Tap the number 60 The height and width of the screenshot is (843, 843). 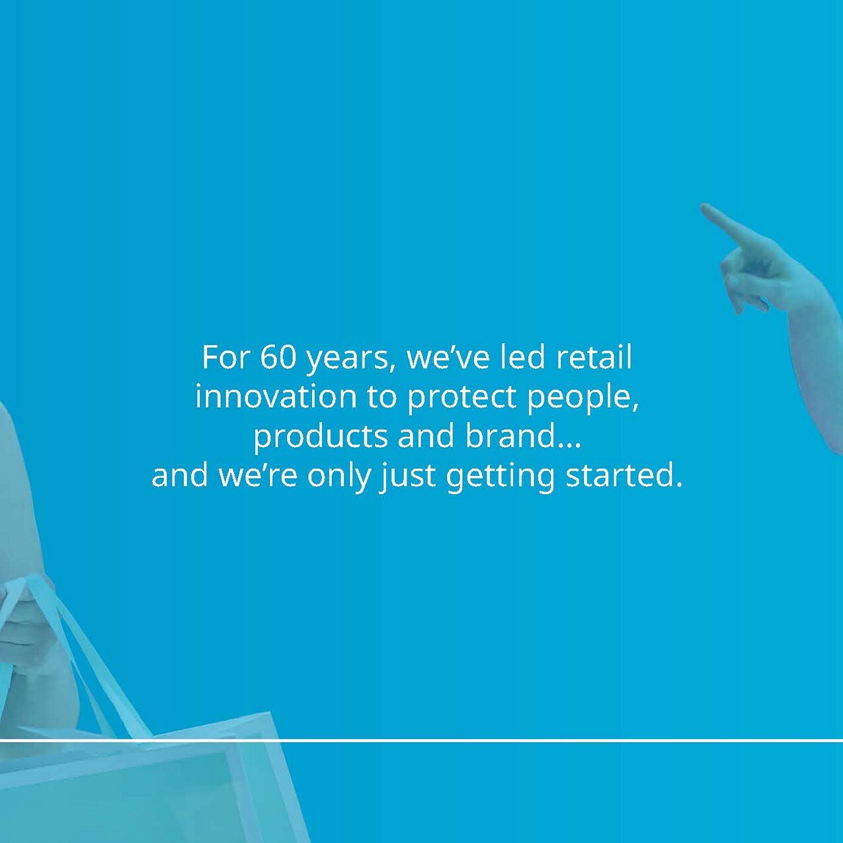278,357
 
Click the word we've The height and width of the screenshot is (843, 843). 448,357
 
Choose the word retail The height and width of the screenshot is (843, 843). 594,357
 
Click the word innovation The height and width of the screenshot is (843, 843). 276,397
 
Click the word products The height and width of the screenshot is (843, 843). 320,437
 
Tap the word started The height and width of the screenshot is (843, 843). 623,476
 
